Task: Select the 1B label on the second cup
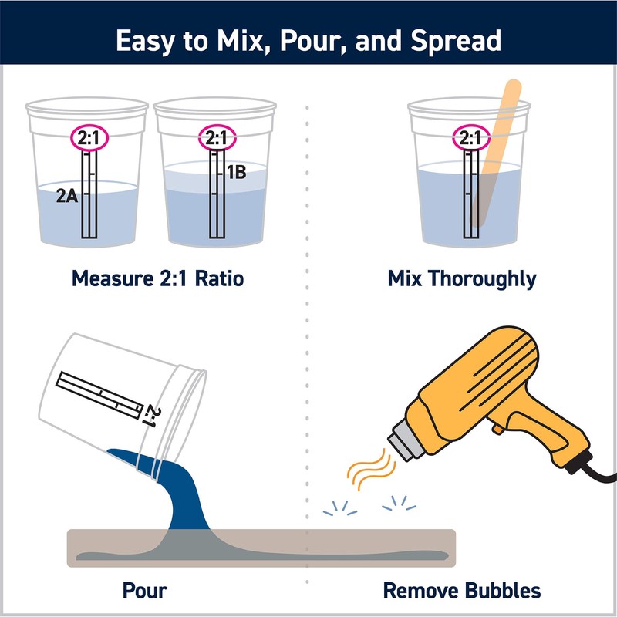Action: coord(235,172)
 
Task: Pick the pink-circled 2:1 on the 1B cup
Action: coord(217,139)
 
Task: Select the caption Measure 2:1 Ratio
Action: coord(157,278)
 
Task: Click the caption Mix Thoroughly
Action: coord(461,278)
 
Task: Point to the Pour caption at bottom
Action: coord(145,592)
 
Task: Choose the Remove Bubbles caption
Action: coord(462,592)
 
